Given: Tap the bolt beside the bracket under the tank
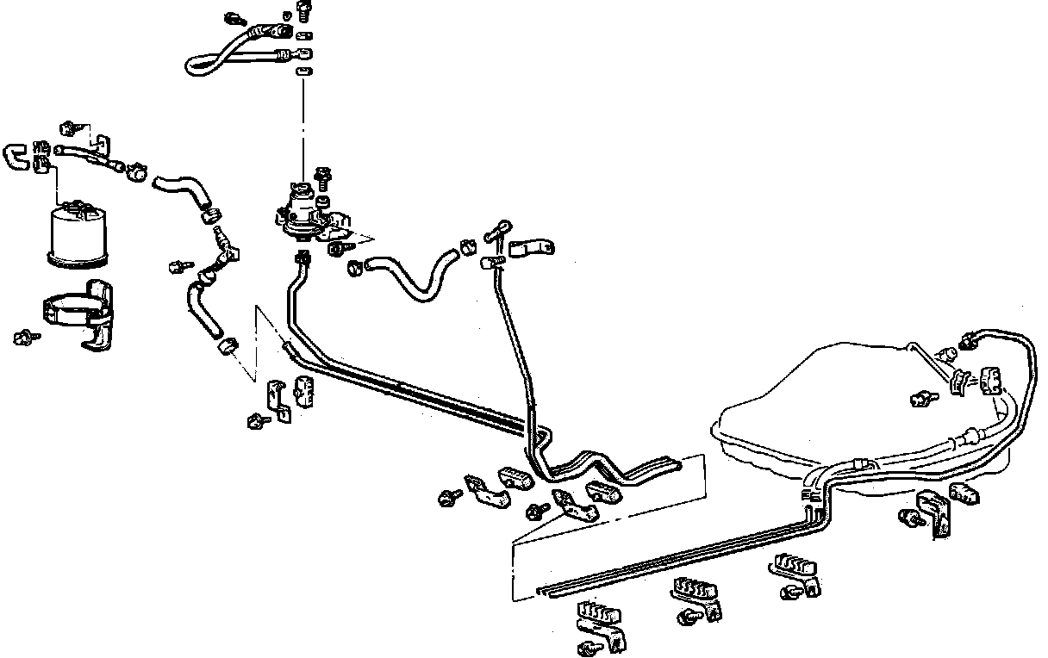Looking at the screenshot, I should [908, 517].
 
